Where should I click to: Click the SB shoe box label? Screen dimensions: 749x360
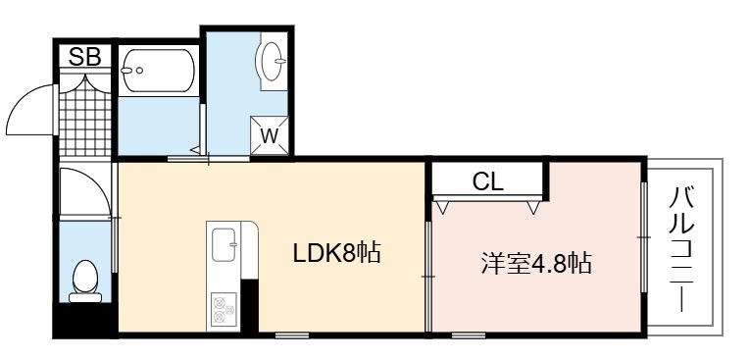85,57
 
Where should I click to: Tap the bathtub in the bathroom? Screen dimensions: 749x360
158,71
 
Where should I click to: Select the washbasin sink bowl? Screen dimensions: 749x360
273,61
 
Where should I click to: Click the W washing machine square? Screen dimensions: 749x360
270,135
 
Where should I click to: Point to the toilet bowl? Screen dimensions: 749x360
85,277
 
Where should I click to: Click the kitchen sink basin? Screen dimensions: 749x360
224,245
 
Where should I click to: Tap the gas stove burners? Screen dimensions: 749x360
224,309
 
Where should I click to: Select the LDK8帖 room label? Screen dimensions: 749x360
336,253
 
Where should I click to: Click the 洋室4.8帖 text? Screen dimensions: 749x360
536,263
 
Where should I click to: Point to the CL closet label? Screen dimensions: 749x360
487,181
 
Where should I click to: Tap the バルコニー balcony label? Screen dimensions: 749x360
680,249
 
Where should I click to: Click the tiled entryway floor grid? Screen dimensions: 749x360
85,119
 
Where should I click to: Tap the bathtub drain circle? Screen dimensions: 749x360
139,71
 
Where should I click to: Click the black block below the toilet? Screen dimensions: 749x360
85,319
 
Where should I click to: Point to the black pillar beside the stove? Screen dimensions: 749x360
250,306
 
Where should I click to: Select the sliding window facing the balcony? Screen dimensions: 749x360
644,237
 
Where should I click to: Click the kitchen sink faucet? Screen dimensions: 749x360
233,244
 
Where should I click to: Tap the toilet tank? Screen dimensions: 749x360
85,297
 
